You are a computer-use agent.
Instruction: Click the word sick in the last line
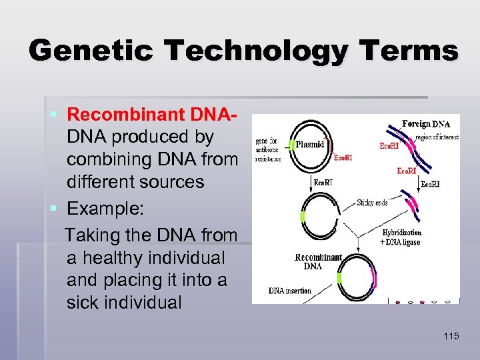(x=86, y=302)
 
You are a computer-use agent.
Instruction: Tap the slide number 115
(x=451, y=336)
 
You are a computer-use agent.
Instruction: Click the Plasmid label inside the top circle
(x=309, y=144)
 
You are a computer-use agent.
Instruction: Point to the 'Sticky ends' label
(x=371, y=203)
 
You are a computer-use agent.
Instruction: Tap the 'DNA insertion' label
(x=289, y=291)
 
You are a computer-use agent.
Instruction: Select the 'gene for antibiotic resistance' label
(x=267, y=150)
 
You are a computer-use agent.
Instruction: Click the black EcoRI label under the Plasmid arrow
(x=323, y=181)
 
